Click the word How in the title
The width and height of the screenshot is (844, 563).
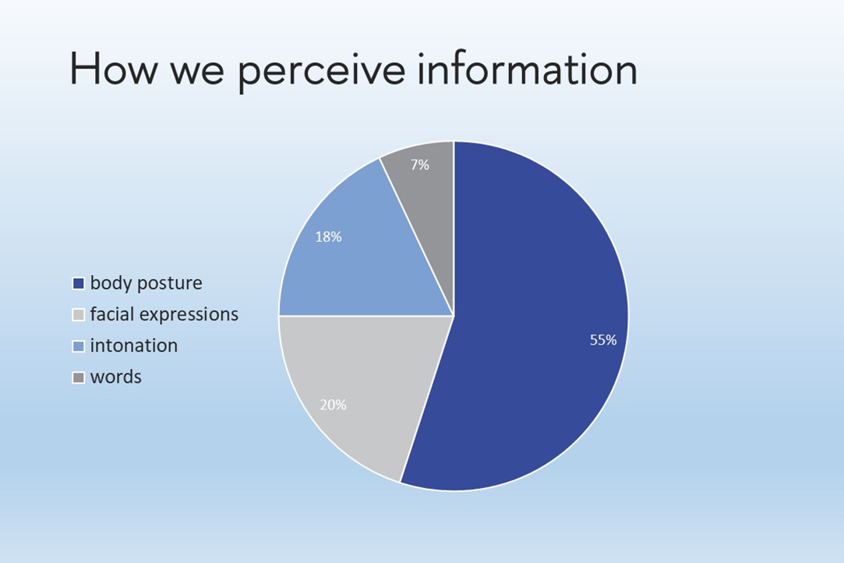(114, 68)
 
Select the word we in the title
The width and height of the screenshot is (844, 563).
(197, 73)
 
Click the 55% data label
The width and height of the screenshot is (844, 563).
(603, 340)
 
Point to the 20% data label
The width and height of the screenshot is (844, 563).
(334, 405)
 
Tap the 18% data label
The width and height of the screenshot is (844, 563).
(328, 236)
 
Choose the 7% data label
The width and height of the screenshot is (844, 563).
(420, 165)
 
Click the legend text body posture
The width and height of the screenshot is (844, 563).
(147, 283)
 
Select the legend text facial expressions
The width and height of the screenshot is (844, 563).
(164, 314)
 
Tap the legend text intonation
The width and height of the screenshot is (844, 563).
(134, 346)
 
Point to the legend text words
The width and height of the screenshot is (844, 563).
(115, 377)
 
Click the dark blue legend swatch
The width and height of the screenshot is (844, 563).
(79, 283)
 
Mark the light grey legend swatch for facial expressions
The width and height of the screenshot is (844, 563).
(79, 314)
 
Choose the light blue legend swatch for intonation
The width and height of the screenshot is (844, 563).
(79, 346)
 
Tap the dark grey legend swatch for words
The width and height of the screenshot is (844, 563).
(79, 377)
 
